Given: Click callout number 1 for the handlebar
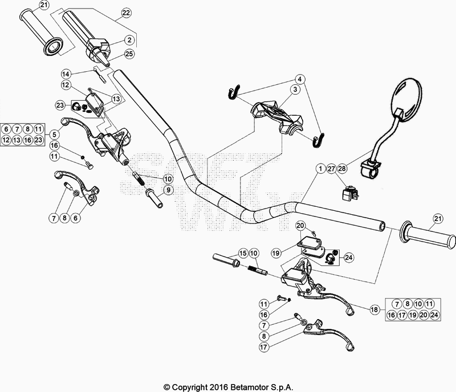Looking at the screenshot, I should point(321,169).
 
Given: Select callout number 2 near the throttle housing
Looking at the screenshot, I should point(130,39).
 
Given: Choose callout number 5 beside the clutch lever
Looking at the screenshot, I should point(54,134).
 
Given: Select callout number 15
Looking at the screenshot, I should point(243,253).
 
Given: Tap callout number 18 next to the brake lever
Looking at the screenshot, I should point(374,310).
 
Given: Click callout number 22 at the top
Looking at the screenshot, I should point(125,13).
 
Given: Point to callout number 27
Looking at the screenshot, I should point(331,169).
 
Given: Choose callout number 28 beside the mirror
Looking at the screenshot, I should point(341,169).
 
